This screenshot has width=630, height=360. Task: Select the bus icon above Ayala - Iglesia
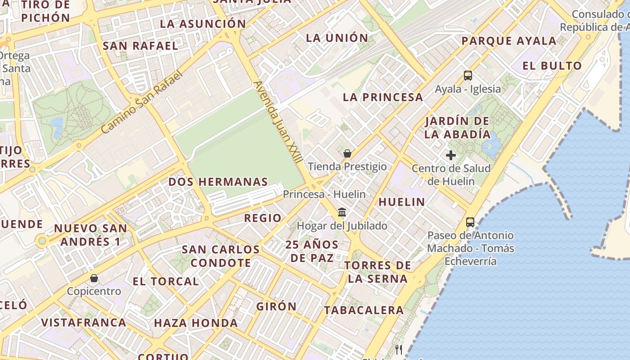click(x=468, y=76)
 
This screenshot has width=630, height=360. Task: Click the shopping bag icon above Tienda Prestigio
click(x=347, y=153)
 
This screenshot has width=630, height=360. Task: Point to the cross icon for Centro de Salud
click(x=450, y=156)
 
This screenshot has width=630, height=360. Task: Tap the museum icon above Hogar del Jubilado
click(x=342, y=212)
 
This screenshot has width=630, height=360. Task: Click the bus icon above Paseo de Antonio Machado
click(x=470, y=222)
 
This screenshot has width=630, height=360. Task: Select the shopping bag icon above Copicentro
click(x=94, y=278)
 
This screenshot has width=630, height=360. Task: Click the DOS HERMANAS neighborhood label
click(x=218, y=182)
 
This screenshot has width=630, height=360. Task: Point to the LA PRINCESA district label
click(x=383, y=97)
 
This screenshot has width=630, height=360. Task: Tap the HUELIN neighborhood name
click(x=402, y=202)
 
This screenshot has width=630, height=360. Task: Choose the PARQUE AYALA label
click(x=509, y=41)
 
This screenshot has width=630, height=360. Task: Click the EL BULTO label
click(x=552, y=66)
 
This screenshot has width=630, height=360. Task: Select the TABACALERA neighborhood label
click(x=364, y=310)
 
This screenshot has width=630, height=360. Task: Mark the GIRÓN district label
click(x=277, y=306)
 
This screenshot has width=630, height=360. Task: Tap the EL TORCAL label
click(x=166, y=282)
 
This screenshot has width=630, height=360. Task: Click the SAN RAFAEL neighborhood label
click(x=141, y=46)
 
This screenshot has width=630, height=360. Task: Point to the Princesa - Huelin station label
click(x=324, y=194)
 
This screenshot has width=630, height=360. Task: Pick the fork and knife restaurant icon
click(x=398, y=349)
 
